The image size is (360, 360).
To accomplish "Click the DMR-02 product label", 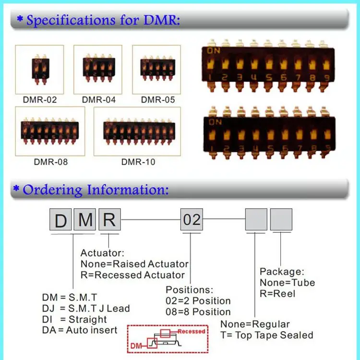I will (x=40, y=100).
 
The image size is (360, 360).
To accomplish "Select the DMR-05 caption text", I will (x=158, y=100).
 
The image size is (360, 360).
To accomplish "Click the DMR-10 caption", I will (x=138, y=162).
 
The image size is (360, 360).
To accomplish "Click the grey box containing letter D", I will (x=61, y=221).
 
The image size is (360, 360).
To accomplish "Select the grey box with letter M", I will (x=85, y=221).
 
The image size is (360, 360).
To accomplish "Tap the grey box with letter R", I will (x=109, y=221).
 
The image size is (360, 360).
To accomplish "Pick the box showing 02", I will (x=192, y=220).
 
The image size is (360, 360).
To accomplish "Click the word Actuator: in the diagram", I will (x=102, y=253).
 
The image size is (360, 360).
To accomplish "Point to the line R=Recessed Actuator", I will (x=132, y=275).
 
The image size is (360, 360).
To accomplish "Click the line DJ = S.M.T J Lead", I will (x=86, y=308).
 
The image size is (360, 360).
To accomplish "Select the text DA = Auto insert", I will (x=80, y=330).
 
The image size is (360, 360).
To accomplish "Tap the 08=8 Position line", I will (x=198, y=312).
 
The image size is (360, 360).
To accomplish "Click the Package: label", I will (x=282, y=272).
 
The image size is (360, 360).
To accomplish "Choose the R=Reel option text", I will (x=277, y=293).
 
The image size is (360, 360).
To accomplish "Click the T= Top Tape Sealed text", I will (x=266, y=335).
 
